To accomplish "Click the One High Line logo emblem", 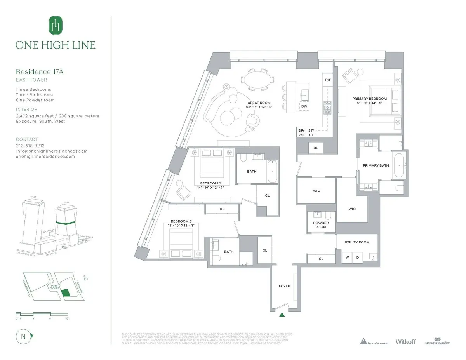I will (56, 25).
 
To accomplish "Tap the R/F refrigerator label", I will (328, 80).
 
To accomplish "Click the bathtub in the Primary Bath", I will (399, 166).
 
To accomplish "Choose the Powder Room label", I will (321, 225).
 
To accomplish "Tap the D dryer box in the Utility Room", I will (357, 257).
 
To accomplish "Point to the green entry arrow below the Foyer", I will (282, 315).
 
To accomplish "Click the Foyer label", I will (284, 286).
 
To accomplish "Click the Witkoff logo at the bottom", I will (405, 341).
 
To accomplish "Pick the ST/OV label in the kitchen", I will (311, 132).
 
